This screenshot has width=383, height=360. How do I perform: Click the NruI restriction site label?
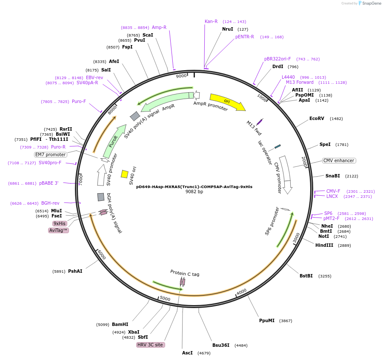coord(228,29)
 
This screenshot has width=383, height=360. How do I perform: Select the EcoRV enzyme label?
coord(317,118)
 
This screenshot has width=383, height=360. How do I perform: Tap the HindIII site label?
coord(324,245)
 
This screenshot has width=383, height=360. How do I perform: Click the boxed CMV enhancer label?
coord(339,160)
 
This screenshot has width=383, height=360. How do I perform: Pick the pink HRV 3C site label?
coord(150,345)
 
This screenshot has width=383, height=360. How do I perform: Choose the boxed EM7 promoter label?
coord(51,154)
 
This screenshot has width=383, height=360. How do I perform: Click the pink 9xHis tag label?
coord(60,223)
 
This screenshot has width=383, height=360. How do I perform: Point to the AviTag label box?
coord(59,230)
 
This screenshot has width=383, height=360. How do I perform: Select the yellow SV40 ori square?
coord(125,174)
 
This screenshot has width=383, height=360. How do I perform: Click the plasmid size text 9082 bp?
coord(194,191)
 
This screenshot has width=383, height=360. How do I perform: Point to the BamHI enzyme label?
coord(120,324)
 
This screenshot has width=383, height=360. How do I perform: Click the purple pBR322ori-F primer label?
coord(277,59)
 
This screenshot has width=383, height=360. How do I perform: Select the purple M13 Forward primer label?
coord(300,82)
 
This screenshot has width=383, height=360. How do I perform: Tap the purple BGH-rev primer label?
coord(50,203)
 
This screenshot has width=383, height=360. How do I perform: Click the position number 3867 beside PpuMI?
coord(286,321)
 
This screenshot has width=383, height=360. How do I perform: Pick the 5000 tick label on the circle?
coord(165,299)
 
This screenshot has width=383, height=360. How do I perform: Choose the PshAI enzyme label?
coord(75,271)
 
